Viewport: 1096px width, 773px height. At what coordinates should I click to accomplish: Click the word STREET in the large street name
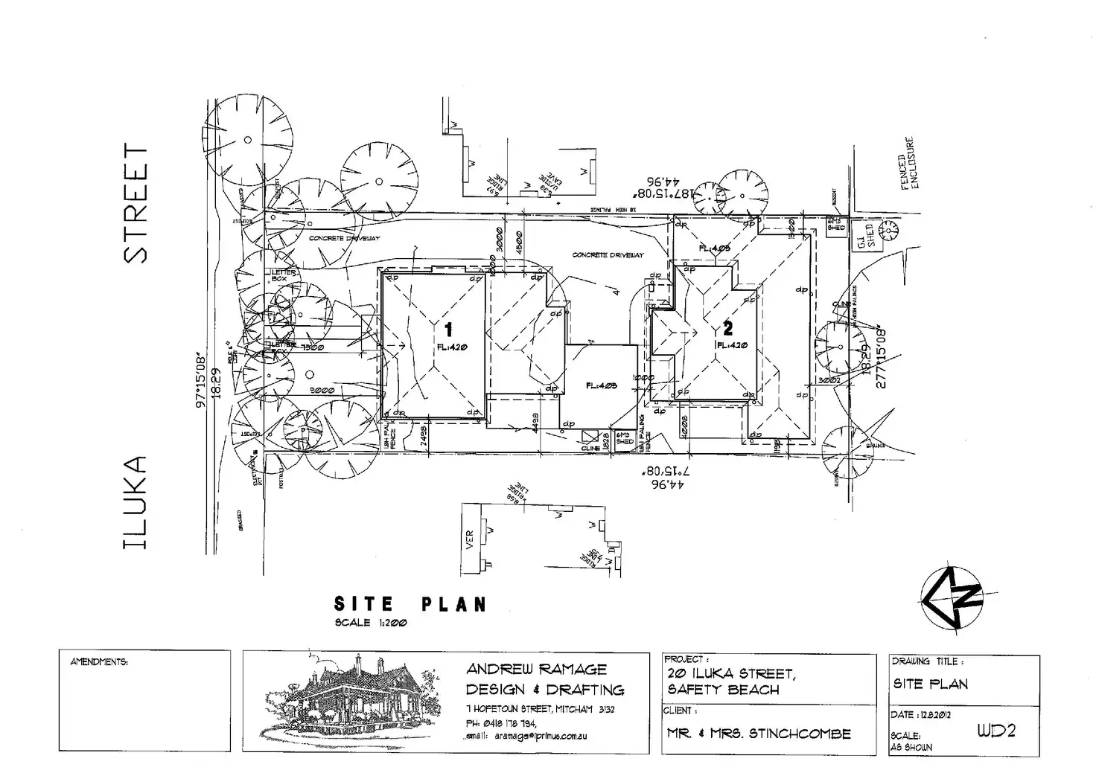[136, 203]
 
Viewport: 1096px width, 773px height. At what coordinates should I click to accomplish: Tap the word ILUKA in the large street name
[136, 503]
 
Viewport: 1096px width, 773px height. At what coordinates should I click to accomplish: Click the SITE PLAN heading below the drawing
[410, 604]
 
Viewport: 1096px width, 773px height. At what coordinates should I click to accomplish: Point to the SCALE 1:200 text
[371, 623]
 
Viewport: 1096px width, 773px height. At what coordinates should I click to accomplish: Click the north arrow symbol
[952, 598]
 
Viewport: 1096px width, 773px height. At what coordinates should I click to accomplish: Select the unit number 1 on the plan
[448, 329]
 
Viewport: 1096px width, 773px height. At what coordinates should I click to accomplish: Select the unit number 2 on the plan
[727, 328]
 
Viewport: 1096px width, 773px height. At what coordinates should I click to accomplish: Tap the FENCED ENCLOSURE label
[909, 163]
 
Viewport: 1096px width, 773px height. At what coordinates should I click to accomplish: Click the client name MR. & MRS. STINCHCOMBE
[759, 734]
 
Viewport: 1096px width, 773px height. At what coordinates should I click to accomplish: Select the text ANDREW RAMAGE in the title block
[536, 669]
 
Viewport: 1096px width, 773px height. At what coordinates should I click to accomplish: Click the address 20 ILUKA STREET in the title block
[731, 674]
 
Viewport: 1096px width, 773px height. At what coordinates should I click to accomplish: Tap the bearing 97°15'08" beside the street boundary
[200, 379]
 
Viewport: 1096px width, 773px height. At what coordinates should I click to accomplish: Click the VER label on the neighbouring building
[470, 539]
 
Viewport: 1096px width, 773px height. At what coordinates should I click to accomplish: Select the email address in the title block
[528, 736]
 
